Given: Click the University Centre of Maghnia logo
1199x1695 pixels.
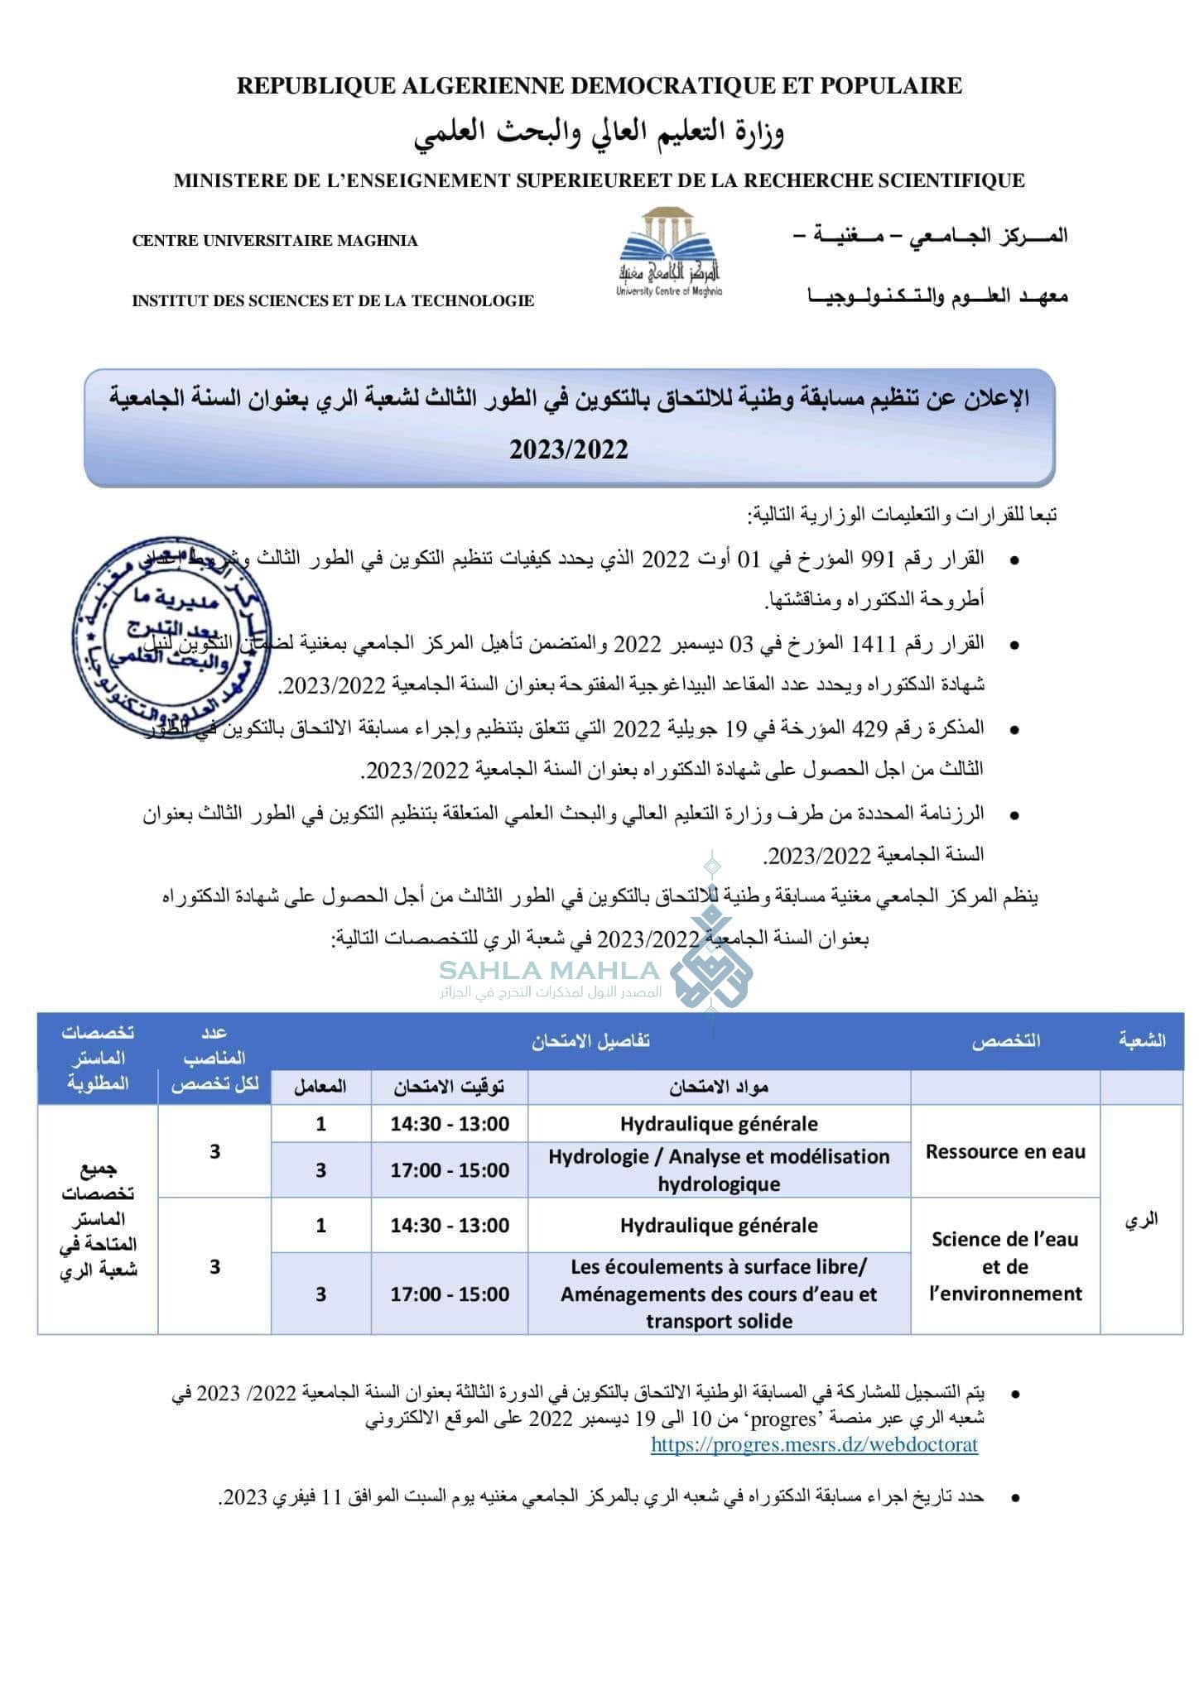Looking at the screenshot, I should tap(669, 252).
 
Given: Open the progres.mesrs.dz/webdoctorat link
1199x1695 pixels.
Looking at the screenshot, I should tap(814, 1445).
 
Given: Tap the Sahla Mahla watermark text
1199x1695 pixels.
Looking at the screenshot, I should tap(549, 971).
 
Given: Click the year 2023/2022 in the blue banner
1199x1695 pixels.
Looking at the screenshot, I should tap(569, 449).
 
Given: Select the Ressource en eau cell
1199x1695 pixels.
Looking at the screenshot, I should tap(1004, 1151).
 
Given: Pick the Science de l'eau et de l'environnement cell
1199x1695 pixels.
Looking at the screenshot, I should tap(1004, 1266).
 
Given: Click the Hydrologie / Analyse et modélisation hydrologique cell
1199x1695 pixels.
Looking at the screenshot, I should tap(719, 1169).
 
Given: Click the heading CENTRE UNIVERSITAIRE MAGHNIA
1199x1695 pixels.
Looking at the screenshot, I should tap(275, 241).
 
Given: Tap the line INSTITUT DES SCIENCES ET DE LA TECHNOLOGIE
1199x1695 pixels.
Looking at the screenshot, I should tap(333, 301).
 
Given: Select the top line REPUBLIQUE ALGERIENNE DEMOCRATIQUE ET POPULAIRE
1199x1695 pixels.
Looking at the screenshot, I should tap(599, 85).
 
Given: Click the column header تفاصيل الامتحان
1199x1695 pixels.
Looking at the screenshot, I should tap(590, 1041).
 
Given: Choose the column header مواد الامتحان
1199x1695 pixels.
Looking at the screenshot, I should tap(719, 1088).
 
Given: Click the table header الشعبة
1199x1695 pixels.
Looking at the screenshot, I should tap(1142, 1040).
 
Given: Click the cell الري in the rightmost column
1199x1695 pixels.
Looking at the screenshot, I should tap(1141, 1219).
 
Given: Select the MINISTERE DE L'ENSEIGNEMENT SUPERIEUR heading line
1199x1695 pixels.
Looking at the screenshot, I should tap(599, 180).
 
